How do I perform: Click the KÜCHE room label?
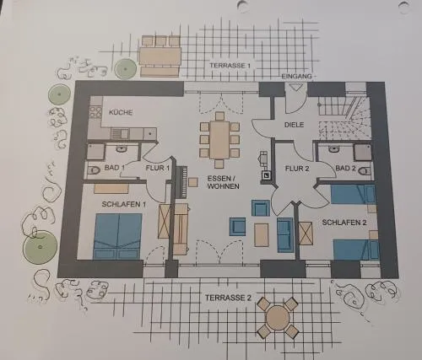pos(121,112)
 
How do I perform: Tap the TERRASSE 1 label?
pos(230,66)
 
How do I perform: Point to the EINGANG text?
pos(297,76)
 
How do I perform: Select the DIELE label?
pos(294,125)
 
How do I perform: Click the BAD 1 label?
pos(115,168)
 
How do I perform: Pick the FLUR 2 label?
pos(297,169)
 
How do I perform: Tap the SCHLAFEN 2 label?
pos(344,223)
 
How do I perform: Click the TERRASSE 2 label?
pos(228,298)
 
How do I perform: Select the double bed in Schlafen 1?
pos(117,236)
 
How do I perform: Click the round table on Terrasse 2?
pos(278,317)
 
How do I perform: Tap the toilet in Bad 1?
pos(94,170)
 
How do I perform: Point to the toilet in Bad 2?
pos(365,170)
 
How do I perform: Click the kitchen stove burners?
pos(95,112)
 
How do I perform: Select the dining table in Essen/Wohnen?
pos(219,140)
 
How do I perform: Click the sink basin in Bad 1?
pos(122,148)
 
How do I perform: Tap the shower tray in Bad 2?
pos(363,153)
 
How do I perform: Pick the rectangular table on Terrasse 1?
pos(160,56)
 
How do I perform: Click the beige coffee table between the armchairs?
pos(261,235)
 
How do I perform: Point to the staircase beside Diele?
pos(344,117)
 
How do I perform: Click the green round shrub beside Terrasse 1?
pos(126,68)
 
